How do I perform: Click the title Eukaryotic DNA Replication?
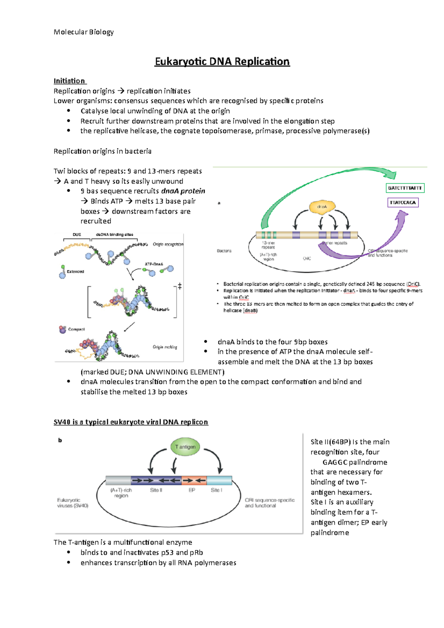(222, 61)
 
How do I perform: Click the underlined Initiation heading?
(69, 81)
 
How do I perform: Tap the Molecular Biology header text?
(84, 32)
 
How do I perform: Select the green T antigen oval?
(185, 447)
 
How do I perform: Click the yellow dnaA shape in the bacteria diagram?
(322, 207)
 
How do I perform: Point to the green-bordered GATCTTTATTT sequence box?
(405, 188)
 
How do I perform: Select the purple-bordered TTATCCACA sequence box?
(403, 203)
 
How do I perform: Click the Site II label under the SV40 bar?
(156, 490)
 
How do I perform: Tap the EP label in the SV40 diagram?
(192, 490)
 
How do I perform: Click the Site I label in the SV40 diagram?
(216, 490)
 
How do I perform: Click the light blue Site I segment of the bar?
(219, 480)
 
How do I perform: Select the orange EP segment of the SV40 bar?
(194, 480)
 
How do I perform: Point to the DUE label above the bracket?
(77, 234)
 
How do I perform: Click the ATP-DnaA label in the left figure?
(154, 264)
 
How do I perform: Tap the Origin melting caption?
(165, 347)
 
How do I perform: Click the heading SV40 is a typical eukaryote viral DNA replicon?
(131, 422)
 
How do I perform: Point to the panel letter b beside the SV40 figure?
(60, 440)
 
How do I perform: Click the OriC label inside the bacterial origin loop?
(307, 259)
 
